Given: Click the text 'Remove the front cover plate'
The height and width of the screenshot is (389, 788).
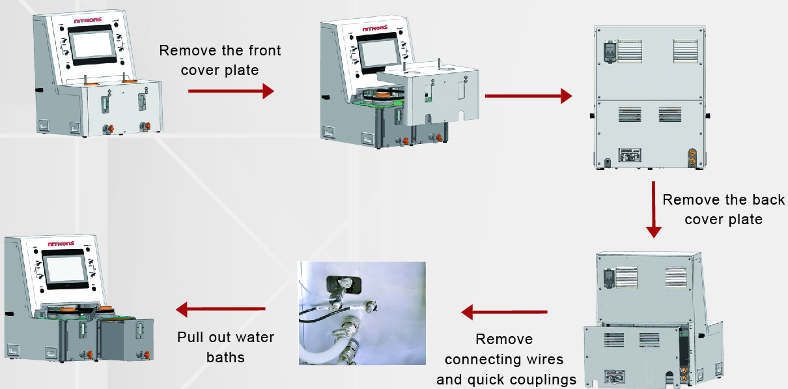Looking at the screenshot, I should (x=220, y=60).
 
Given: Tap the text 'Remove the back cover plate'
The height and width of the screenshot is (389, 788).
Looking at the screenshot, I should (x=723, y=209).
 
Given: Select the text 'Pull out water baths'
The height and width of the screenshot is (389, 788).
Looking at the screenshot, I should (x=225, y=347).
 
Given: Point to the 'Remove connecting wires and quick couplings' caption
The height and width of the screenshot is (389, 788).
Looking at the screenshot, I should (x=506, y=359).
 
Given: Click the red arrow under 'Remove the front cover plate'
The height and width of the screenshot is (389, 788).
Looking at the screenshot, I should (x=231, y=92).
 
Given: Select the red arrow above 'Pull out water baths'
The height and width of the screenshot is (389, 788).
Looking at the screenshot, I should (x=221, y=308).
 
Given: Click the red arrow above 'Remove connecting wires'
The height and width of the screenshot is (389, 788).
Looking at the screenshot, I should (x=504, y=313).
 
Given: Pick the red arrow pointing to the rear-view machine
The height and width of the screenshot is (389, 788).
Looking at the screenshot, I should (x=528, y=96).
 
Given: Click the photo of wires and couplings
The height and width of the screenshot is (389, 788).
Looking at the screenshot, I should (x=361, y=313).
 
